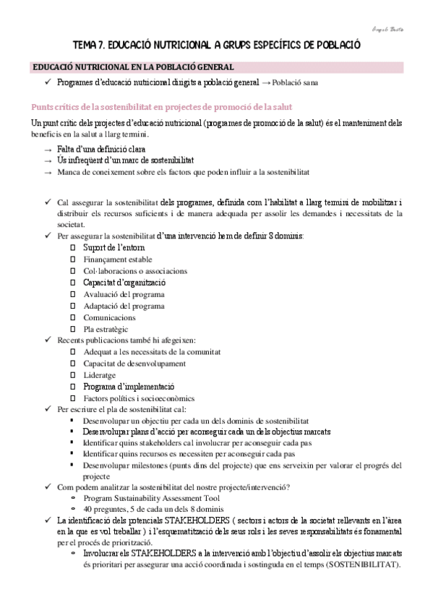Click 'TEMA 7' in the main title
(92, 45)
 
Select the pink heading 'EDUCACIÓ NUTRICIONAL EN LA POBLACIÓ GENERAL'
(132, 67)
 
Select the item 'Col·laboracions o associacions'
(135, 271)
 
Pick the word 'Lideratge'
(103, 375)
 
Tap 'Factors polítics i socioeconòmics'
(139, 398)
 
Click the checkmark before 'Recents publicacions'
(48, 340)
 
